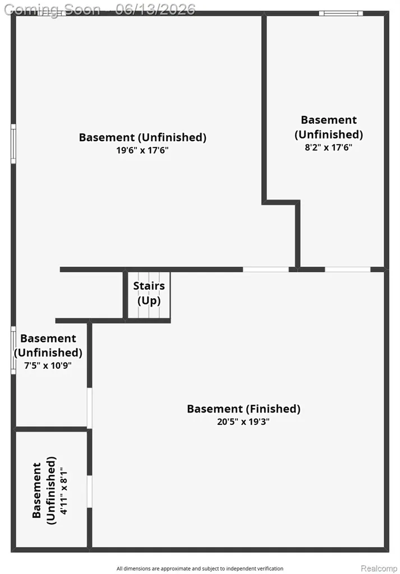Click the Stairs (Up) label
[x=149, y=293]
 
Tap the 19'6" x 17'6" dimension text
[x=142, y=150]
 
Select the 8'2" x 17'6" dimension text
[x=329, y=147]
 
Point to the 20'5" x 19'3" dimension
[x=243, y=422]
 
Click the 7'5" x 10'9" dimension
[x=48, y=365]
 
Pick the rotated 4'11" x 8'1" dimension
[x=64, y=490]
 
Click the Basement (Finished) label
[x=243, y=409]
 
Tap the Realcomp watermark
[x=379, y=568]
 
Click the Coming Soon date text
[x=100, y=9]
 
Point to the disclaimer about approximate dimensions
[x=200, y=568]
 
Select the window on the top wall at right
[x=341, y=13]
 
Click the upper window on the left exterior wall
[x=13, y=143]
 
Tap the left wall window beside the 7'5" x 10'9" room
[x=13, y=350]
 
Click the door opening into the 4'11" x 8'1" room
[x=89, y=491]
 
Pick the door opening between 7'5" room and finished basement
[x=89, y=408]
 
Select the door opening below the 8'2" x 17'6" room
[x=348, y=270]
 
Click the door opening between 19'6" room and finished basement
[x=266, y=270]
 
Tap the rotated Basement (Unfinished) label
[x=44, y=490]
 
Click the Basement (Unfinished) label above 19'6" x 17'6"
[x=142, y=137]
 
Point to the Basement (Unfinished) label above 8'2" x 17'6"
[x=329, y=127]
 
